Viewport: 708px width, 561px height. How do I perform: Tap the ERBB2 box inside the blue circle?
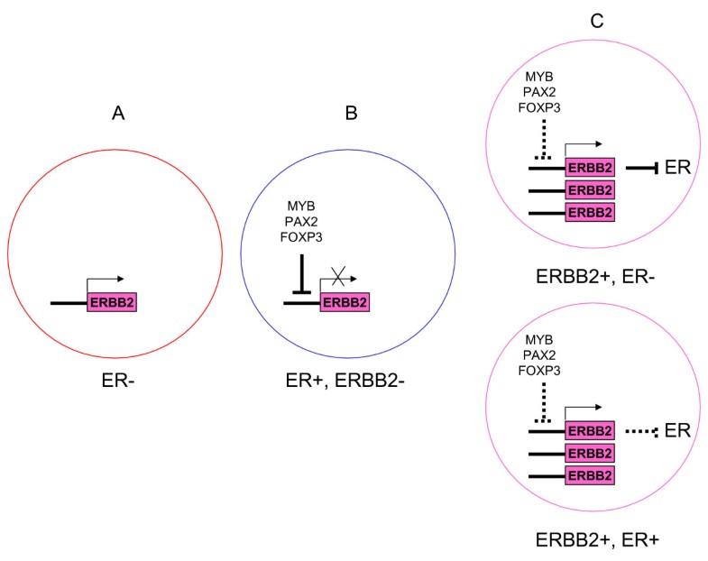[x=344, y=302]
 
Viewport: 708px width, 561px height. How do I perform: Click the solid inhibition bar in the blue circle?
[x=301, y=270]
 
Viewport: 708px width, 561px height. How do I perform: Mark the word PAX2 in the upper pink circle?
[x=546, y=93]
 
